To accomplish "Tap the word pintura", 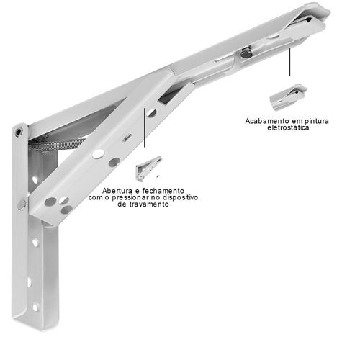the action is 316,121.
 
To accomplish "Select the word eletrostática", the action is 288,127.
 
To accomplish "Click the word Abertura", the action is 117,191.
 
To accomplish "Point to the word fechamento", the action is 163,191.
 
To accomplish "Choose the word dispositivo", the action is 181,197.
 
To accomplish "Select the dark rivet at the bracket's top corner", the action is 18,132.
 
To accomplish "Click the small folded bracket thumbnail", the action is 148,168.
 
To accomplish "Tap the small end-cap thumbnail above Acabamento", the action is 288,97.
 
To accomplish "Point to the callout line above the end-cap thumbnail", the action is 289,62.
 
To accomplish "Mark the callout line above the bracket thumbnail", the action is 144,127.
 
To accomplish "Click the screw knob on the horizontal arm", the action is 246,53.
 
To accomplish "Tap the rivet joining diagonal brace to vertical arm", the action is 22,204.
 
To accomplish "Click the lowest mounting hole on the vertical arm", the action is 35,307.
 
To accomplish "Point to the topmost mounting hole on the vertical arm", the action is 35,180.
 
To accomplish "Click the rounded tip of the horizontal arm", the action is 319,12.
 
